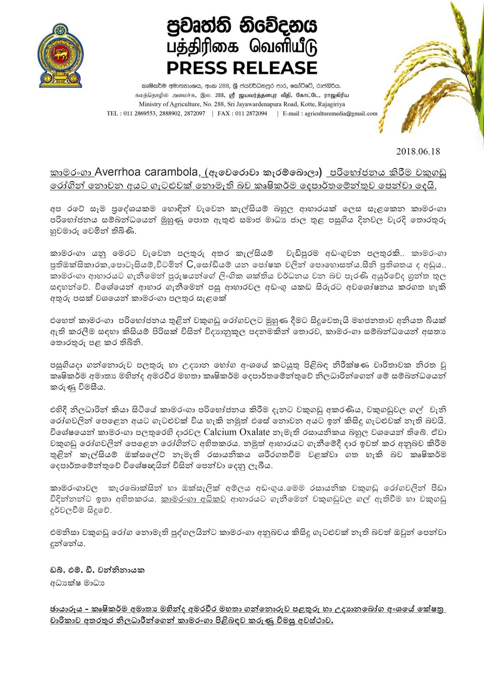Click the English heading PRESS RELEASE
tap(241, 68)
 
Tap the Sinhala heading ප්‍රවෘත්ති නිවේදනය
tap(242, 27)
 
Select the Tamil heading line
tap(242, 48)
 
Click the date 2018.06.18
tap(418, 151)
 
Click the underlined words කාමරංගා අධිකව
tap(193, 499)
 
